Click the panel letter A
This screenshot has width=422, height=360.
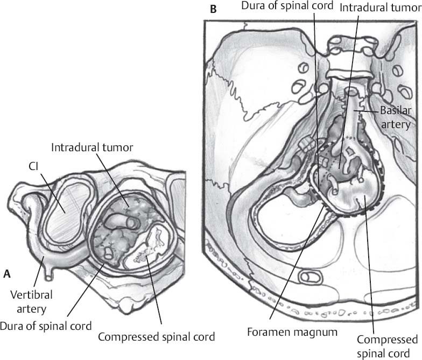click(x=7, y=274)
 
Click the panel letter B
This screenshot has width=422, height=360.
click(x=214, y=9)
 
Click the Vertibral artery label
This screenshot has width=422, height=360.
click(x=26, y=303)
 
